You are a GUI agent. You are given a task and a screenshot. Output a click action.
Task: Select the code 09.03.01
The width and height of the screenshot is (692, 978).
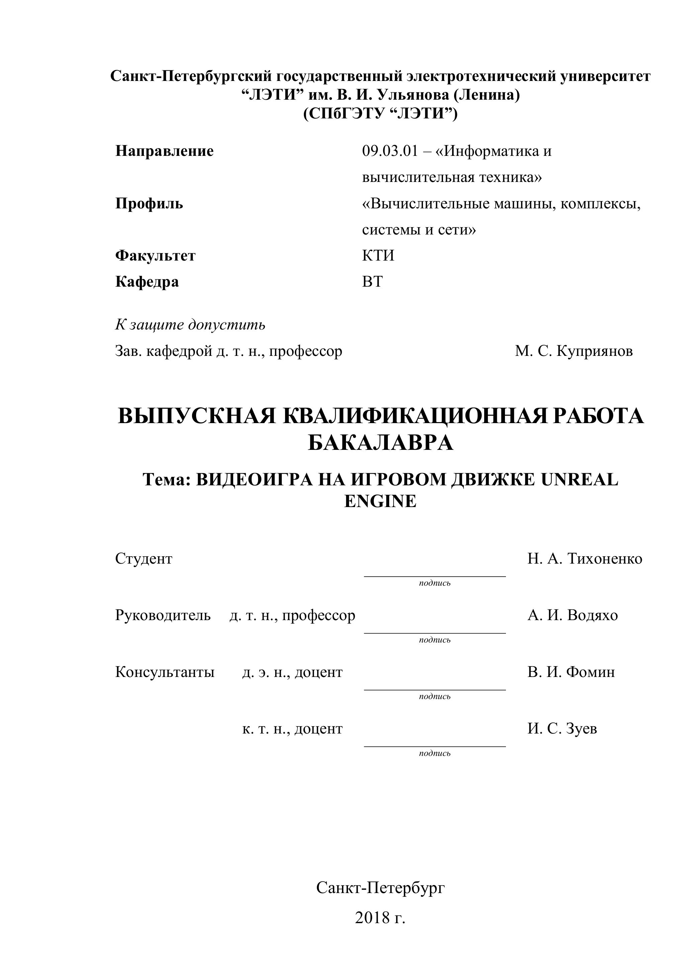point(390,151)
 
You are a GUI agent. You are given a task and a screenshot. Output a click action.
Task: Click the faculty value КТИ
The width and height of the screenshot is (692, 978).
point(378,256)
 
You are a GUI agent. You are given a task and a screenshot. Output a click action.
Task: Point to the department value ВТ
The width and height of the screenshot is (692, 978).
point(372,282)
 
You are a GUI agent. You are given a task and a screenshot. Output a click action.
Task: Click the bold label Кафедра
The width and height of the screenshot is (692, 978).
point(147,282)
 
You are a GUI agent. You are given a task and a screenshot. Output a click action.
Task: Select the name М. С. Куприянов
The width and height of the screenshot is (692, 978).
point(574,351)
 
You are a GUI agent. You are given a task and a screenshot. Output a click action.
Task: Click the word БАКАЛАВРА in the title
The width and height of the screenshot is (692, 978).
point(380,443)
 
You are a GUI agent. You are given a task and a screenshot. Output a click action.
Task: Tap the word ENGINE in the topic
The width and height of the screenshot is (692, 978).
point(380,501)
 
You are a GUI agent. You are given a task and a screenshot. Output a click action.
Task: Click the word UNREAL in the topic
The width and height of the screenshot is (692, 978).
point(580,480)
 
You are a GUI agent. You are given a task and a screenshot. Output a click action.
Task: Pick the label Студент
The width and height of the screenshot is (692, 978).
point(144,559)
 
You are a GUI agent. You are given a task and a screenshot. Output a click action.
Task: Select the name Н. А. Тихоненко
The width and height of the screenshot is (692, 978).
point(585,559)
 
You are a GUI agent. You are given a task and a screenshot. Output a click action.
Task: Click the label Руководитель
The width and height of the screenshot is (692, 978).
point(163,615)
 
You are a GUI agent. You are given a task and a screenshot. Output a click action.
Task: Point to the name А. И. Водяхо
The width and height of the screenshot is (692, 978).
point(572,615)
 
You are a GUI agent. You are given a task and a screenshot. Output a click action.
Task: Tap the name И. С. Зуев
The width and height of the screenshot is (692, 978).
point(562,729)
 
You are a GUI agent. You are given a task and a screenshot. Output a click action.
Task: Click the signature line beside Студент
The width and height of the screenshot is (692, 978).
point(435,576)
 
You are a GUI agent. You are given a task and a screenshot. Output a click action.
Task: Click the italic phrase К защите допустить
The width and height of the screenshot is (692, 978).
point(190,324)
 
